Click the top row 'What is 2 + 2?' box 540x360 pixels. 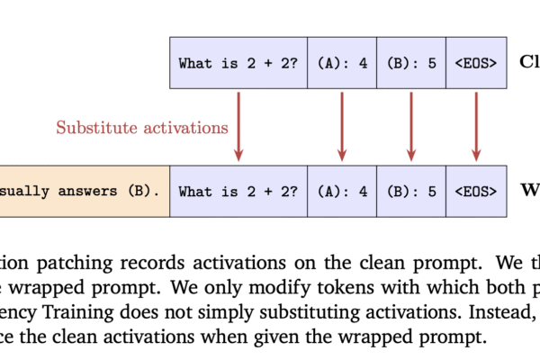tap(238, 63)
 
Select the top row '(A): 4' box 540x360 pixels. tap(342, 63)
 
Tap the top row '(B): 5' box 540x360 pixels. tap(410, 63)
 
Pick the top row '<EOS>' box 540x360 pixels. tap(476, 63)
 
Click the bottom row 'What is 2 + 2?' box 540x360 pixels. tap(238, 191)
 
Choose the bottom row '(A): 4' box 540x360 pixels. tap(342, 191)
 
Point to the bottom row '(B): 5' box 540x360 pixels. tap(410, 191)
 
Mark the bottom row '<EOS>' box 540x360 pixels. tap(476, 191)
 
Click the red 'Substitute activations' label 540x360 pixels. tap(142, 127)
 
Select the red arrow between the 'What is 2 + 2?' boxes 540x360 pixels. tap(238, 126)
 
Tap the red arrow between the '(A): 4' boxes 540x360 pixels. tap(342, 126)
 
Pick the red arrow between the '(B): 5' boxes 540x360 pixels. tap(410, 126)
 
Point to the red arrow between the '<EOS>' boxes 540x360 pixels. tap(476, 126)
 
